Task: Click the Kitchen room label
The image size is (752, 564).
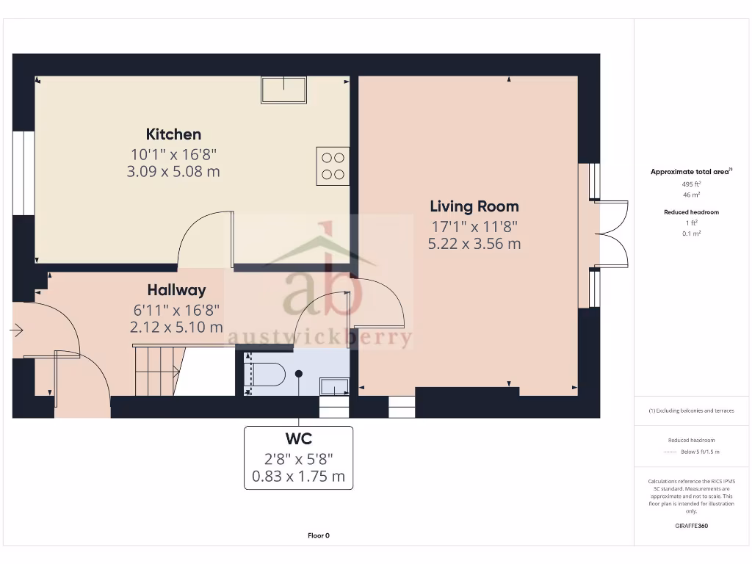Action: pyautogui.click(x=173, y=134)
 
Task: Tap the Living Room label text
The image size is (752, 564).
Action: pyautogui.click(x=474, y=206)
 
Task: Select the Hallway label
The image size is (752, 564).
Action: pyautogui.click(x=176, y=290)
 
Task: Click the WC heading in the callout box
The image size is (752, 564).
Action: pyautogui.click(x=298, y=439)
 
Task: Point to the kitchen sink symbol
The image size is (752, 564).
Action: pyautogui.click(x=283, y=89)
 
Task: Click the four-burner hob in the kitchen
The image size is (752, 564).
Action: pyautogui.click(x=333, y=165)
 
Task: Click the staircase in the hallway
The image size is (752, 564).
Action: pyautogui.click(x=158, y=371)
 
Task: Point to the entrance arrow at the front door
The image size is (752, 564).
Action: pyautogui.click(x=16, y=331)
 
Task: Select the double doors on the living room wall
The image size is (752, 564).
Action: pyautogui.click(x=611, y=234)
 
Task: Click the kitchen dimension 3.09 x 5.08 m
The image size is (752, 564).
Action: pyautogui.click(x=173, y=172)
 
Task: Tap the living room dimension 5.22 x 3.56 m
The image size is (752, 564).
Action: pyautogui.click(x=474, y=244)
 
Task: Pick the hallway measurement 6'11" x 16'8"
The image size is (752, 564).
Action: pyautogui.click(x=176, y=310)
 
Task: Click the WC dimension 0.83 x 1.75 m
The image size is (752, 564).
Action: pyautogui.click(x=298, y=476)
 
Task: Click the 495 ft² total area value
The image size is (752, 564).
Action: pyautogui.click(x=691, y=184)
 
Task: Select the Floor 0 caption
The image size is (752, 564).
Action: pyautogui.click(x=319, y=535)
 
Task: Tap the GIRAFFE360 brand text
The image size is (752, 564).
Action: pyautogui.click(x=691, y=526)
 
